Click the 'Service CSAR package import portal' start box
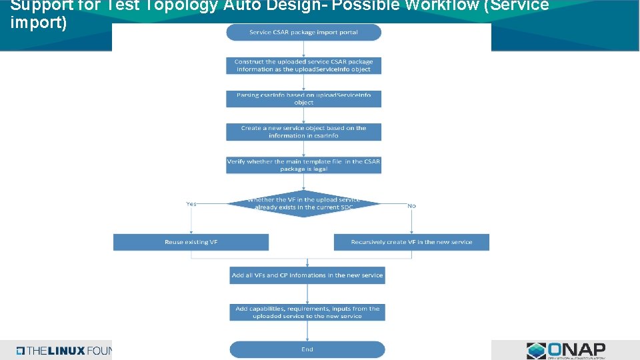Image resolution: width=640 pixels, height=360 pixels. click(x=303, y=32)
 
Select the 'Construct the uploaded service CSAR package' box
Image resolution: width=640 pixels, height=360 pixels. click(x=303, y=65)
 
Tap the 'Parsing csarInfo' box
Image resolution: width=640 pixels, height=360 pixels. click(x=303, y=99)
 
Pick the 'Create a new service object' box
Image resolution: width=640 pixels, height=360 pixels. click(x=303, y=132)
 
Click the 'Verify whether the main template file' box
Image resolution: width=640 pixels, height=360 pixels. click(x=303, y=165)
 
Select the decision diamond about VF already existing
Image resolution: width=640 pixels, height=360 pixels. click(x=303, y=203)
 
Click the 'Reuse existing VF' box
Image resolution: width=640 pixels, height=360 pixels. click(x=191, y=242)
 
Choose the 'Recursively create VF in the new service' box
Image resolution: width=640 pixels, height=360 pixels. click(x=411, y=242)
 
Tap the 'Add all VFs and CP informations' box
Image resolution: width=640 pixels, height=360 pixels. click(x=307, y=275)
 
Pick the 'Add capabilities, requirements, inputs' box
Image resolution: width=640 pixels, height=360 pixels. click(x=307, y=312)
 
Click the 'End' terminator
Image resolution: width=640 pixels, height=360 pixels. click(x=307, y=349)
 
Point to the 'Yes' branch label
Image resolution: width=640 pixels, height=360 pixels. click(x=191, y=204)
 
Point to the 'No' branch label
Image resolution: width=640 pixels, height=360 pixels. click(x=411, y=206)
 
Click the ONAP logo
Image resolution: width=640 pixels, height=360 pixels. click(x=566, y=350)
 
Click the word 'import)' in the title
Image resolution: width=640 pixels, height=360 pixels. click(x=39, y=22)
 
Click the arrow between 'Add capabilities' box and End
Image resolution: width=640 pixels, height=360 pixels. click(x=307, y=331)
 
